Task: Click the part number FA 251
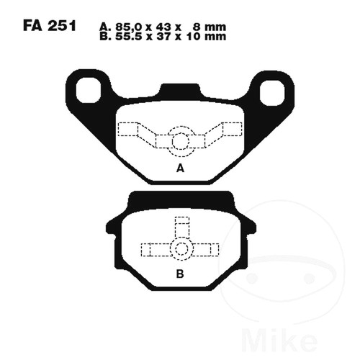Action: coord(50,26)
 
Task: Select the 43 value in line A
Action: coord(163,27)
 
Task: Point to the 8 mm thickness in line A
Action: coord(209,27)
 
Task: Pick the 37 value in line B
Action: coord(163,37)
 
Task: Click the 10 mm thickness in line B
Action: coord(206,37)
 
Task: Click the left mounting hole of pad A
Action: coord(88,91)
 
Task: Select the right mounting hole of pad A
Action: coord(272,93)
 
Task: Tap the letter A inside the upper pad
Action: coord(180,168)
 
